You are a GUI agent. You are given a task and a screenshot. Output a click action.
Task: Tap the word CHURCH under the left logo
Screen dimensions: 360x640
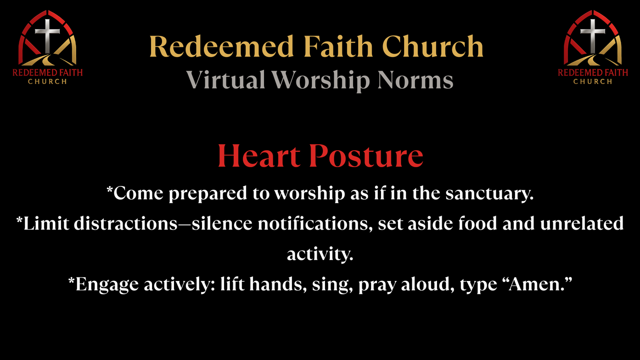click(x=47, y=82)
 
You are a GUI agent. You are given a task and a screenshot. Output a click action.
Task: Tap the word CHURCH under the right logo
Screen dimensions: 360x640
click(x=593, y=82)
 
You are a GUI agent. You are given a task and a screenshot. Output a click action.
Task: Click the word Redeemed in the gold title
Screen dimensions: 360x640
click(x=222, y=46)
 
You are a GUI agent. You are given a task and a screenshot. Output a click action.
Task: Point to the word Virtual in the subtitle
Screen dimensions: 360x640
click(x=225, y=80)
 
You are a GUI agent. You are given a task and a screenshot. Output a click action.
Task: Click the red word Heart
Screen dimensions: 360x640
click(x=258, y=156)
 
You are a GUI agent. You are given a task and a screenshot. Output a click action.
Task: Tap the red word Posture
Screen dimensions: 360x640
click(x=366, y=156)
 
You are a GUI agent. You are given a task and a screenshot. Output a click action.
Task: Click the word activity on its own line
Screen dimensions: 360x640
click(x=320, y=254)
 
